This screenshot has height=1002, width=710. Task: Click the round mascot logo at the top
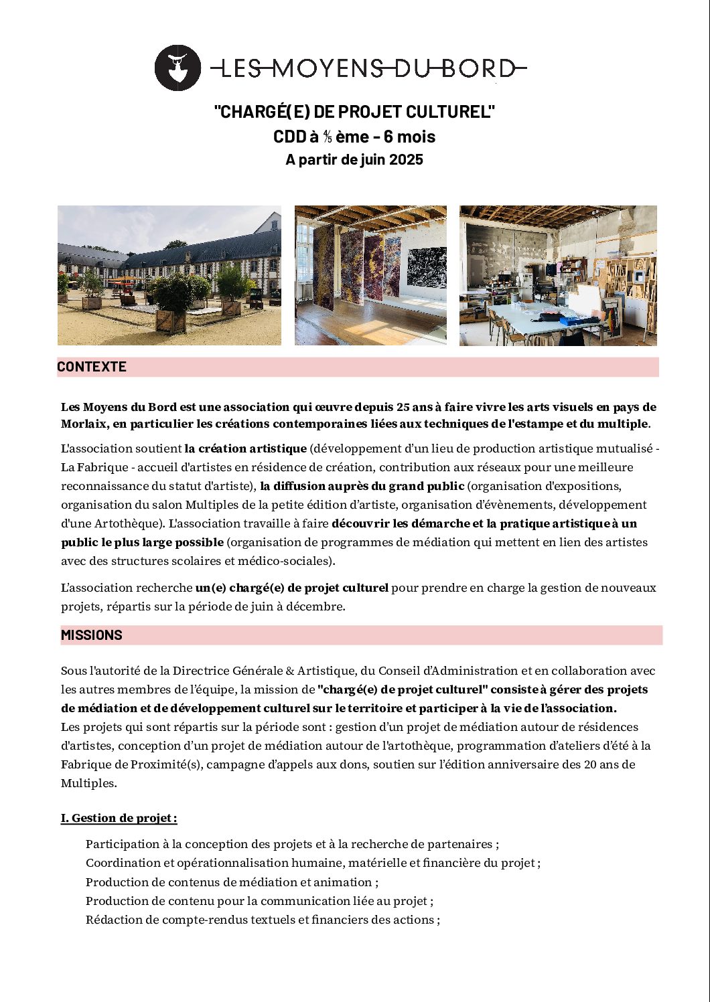177,68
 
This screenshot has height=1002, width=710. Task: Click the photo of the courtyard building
169,275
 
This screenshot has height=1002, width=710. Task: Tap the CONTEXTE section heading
92,367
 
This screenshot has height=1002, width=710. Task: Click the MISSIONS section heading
92,635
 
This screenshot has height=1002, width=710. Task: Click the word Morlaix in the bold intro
84,424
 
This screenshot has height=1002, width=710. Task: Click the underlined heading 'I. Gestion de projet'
119,818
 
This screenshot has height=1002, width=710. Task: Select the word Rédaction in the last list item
113,920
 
